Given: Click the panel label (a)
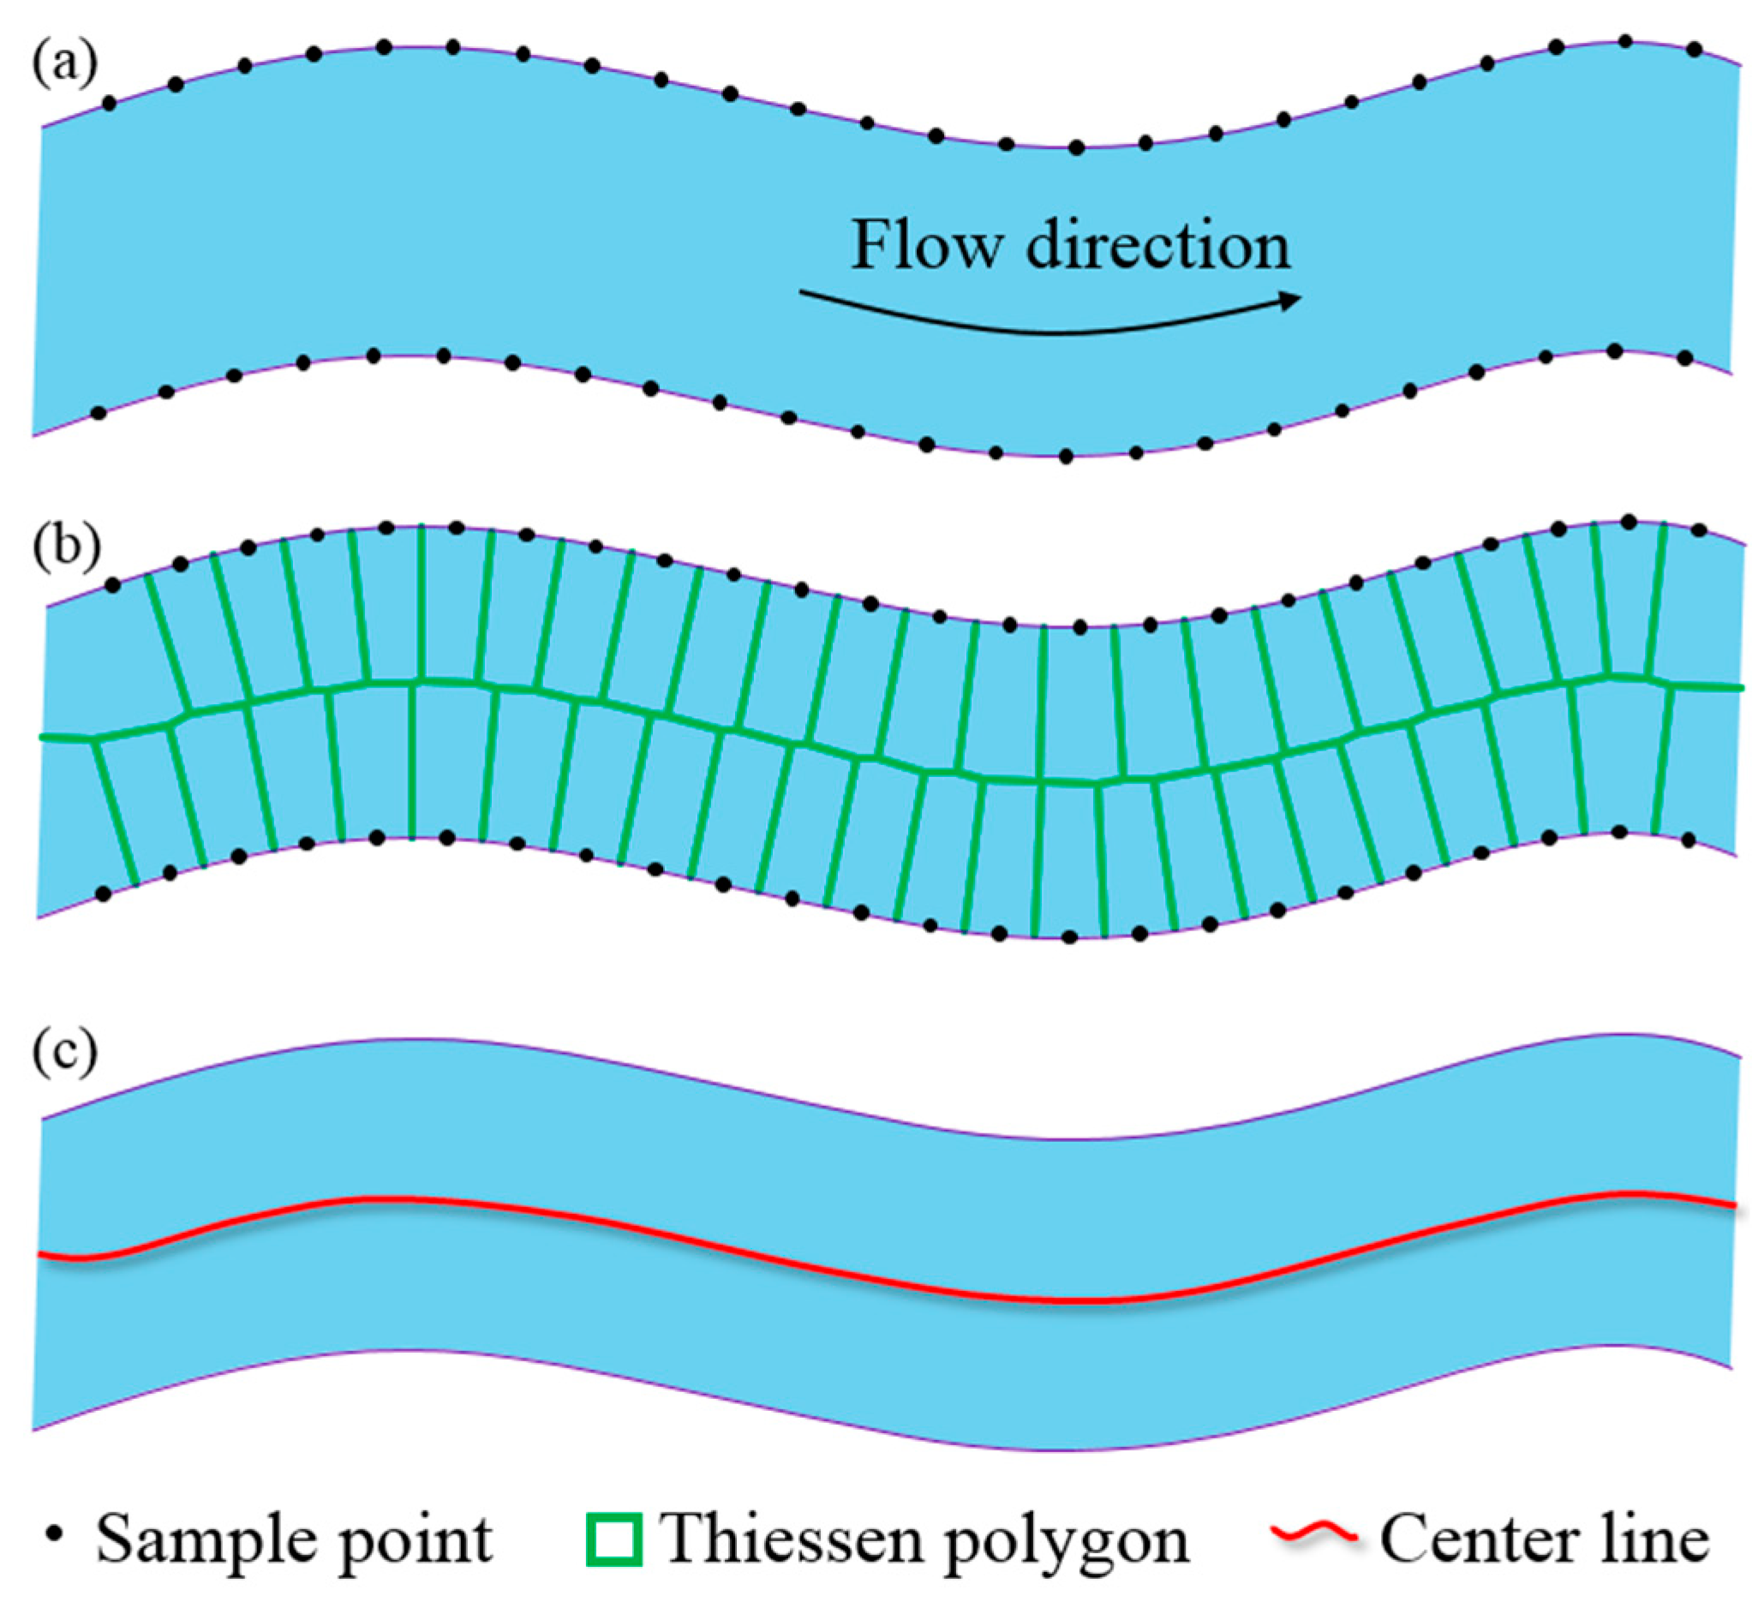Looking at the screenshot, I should coord(65,63).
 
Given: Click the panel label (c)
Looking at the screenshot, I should coord(65,1052).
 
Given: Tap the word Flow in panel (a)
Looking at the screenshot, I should coord(925,245).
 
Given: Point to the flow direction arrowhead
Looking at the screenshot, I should coord(1289,301).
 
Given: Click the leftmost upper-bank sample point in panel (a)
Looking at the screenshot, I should coord(109,104).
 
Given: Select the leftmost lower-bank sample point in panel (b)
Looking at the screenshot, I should coord(104,894).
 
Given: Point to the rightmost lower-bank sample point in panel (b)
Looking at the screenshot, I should coord(1689,840).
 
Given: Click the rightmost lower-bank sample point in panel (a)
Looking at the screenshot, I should coord(1685,359).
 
